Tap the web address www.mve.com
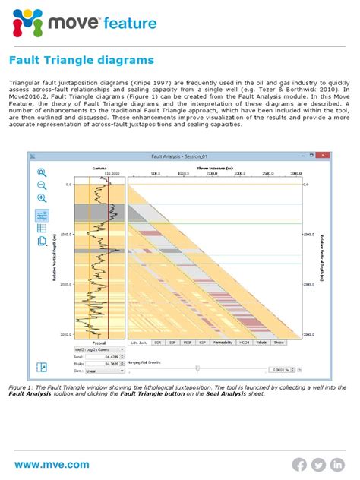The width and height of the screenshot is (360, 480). point(52,464)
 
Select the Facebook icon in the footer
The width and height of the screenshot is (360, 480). point(299,464)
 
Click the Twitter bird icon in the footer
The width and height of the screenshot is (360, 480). point(317,464)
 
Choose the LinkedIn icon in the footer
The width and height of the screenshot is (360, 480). point(336,464)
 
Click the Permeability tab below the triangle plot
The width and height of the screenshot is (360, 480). point(223,342)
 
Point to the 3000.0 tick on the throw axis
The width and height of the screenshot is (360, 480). point(290,172)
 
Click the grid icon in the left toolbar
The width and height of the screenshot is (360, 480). point(43,227)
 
